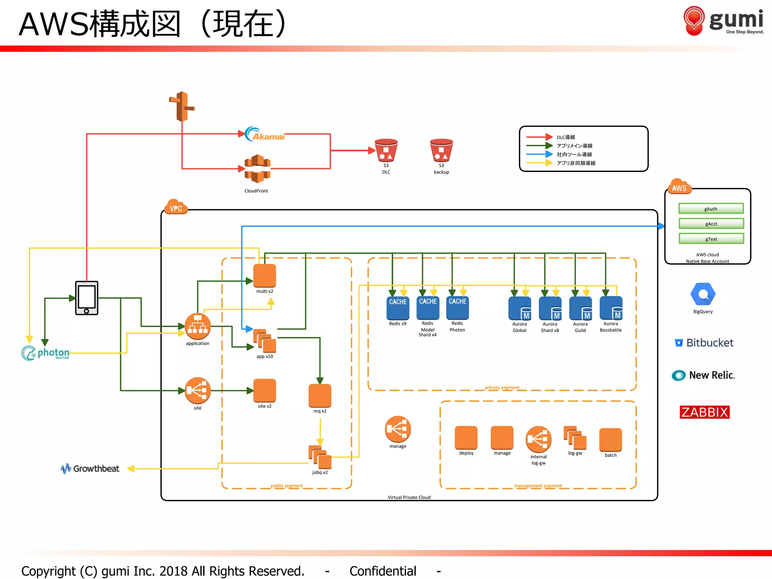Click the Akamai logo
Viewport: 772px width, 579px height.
pyautogui.click(x=265, y=134)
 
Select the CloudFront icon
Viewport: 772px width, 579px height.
pyautogui.click(x=257, y=168)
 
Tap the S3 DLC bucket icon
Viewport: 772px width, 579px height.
pyautogui.click(x=386, y=150)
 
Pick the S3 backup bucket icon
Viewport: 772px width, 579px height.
pyautogui.click(x=441, y=150)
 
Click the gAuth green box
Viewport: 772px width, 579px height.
pyautogui.click(x=711, y=208)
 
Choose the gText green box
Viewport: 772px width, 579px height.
pyautogui.click(x=711, y=239)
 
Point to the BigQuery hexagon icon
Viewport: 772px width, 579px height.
pyautogui.click(x=703, y=294)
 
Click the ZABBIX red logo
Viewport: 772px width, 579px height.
pyautogui.click(x=704, y=412)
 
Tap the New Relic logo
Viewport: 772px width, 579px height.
pyautogui.click(x=703, y=375)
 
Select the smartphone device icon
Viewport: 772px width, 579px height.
pyautogui.click(x=87, y=298)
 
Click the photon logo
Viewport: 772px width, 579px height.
pyautogui.click(x=46, y=353)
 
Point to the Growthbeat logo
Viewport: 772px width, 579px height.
pyautogui.click(x=90, y=469)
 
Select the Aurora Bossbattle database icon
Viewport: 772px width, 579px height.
pyautogui.click(x=611, y=308)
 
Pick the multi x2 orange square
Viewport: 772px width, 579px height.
pyautogui.click(x=265, y=276)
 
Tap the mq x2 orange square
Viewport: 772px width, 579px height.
pyautogui.click(x=320, y=395)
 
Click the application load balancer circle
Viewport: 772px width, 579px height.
pyautogui.click(x=198, y=326)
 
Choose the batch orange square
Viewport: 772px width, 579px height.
pyautogui.click(x=610, y=440)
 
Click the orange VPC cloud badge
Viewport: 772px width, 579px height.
pyautogui.click(x=176, y=207)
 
